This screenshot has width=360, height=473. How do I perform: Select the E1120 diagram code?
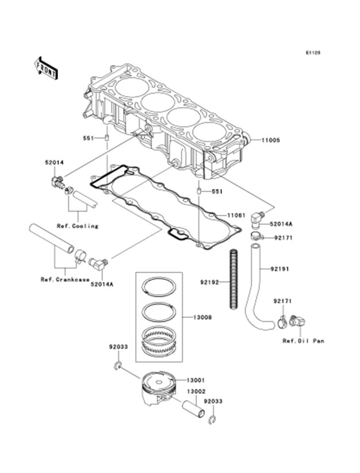(x=312, y=52)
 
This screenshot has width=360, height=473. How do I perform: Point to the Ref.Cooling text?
(x=77, y=226)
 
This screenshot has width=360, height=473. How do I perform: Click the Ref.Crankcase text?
(x=64, y=280)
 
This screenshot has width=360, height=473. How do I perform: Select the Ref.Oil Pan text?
(x=303, y=341)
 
